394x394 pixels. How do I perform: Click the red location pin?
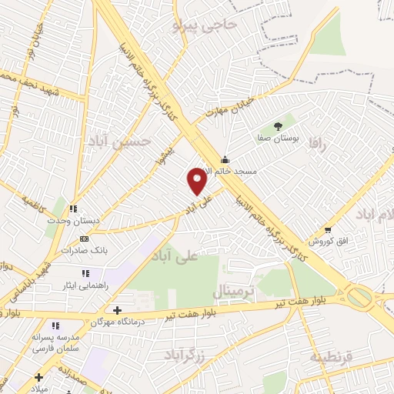click(x=198, y=181)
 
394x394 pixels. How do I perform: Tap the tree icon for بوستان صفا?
click(x=278, y=125)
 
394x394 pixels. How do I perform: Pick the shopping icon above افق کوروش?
click(x=329, y=229)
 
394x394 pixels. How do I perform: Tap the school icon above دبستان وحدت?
click(x=73, y=209)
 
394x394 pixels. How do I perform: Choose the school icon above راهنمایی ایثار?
click(x=85, y=272)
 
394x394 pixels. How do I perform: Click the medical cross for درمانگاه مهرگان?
click(x=116, y=310)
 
